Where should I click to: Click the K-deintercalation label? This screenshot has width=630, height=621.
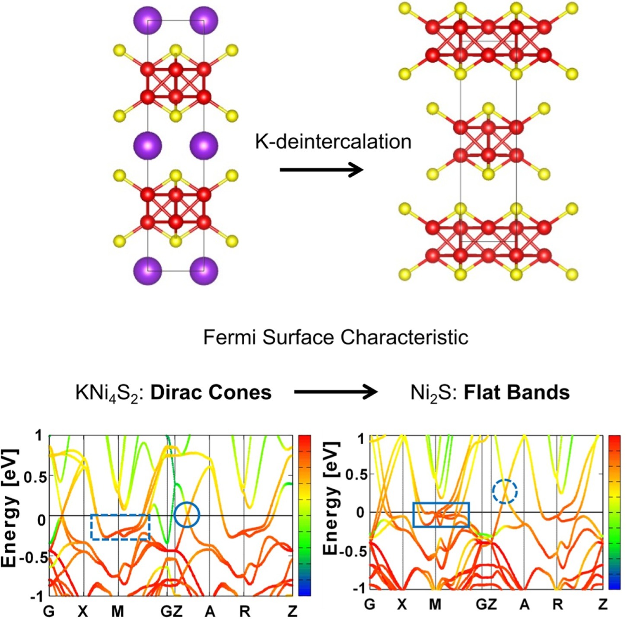(333, 142)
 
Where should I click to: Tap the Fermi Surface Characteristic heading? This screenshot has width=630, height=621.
(336, 337)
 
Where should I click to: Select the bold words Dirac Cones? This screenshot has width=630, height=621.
(211, 392)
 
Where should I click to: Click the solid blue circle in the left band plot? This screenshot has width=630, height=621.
(187, 515)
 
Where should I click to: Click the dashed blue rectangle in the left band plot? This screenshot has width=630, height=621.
(120, 527)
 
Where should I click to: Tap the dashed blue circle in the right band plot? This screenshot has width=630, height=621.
(505, 491)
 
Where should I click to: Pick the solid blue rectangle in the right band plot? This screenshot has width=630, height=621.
(441, 515)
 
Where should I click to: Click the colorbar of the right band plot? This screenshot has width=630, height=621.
(614, 512)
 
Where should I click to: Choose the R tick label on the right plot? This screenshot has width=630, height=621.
(558, 604)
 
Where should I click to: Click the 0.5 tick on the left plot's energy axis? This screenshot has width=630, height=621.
(35, 477)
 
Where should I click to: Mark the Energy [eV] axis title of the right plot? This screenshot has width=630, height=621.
(331, 498)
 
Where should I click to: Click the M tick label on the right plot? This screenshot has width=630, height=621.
(435, 604)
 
